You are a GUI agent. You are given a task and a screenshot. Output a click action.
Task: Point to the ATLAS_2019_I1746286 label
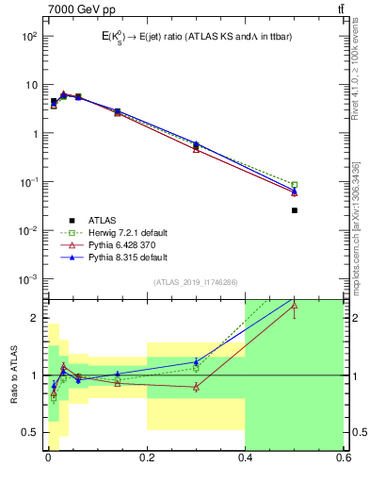(x=196, y=282)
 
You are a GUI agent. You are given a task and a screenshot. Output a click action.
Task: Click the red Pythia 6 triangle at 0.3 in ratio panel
(x=196, y=387)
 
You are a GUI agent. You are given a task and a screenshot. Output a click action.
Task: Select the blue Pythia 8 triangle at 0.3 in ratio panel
(x=196, y=361)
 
